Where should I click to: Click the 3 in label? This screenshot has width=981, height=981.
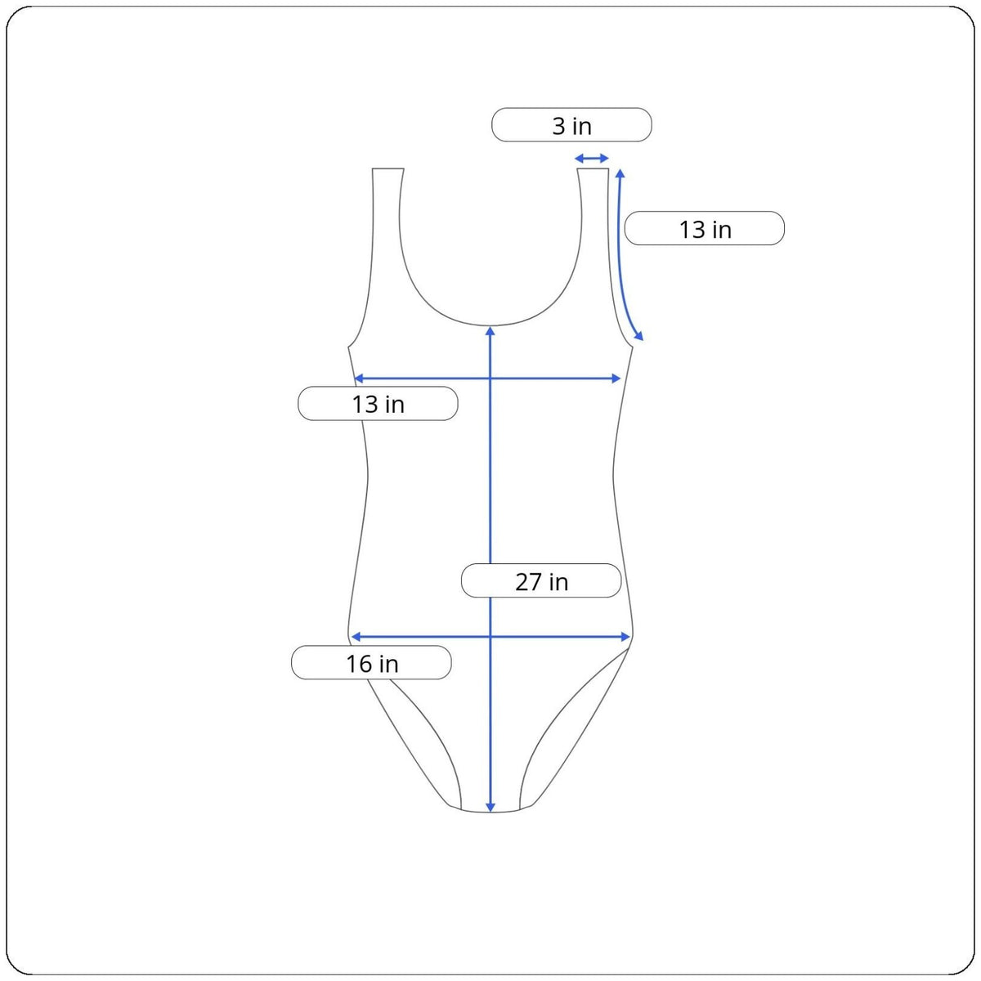571,125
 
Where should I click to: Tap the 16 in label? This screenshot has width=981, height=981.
371,662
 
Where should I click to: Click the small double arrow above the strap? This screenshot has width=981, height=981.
592,159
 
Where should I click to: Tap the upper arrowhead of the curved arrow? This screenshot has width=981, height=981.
620,173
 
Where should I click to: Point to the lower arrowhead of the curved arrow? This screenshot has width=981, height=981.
639,335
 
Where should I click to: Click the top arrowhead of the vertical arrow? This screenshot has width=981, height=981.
490,331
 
